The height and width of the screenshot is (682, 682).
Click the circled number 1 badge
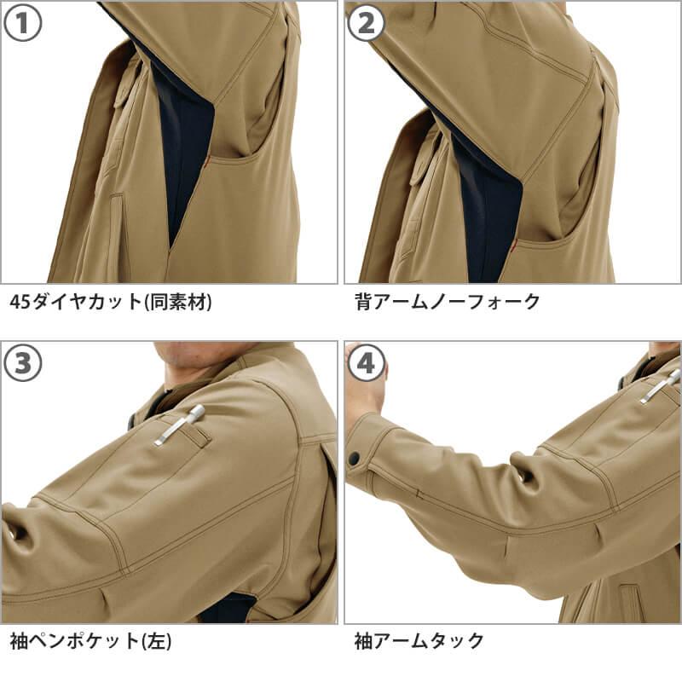point(23,23)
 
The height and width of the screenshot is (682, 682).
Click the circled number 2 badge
point(367,23)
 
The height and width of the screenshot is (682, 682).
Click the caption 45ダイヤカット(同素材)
point(111,302)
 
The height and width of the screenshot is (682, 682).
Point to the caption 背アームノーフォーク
point(447,302)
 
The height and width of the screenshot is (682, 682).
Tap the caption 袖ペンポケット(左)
point(90,641)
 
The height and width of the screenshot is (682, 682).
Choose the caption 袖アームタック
point(419,641)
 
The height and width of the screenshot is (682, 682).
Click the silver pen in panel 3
point(179,425)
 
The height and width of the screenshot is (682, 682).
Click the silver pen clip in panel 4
point(660,386)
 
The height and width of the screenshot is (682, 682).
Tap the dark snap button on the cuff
point(355,458)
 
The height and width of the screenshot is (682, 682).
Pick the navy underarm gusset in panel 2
point(487,209)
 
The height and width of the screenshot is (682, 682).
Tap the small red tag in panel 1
point(206,162)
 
